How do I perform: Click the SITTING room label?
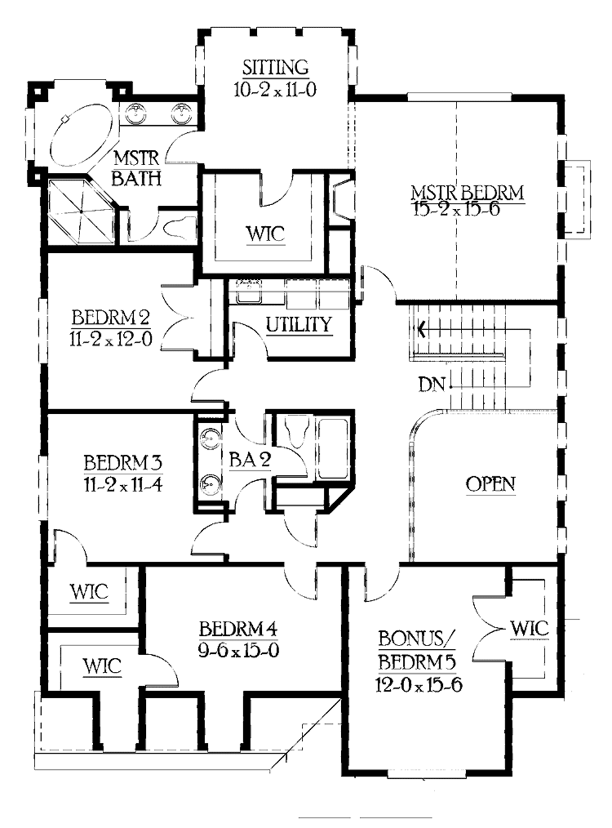click(275, 67)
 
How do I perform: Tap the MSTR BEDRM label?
click(467, 193)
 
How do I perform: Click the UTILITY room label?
click(298, 325)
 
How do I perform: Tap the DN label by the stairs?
click(432, 384)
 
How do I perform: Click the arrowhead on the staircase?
click(422, 328)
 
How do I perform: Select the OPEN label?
click(490, 484)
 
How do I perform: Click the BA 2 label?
click(250, 459)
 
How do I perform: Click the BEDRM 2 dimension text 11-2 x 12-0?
click(111, 339)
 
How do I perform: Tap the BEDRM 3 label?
click(123, 462)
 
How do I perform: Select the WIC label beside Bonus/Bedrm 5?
click(529, 628)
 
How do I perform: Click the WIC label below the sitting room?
click(265, 234)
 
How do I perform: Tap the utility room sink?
click(246, 293)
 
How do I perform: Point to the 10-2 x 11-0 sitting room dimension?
click(275, 90)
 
